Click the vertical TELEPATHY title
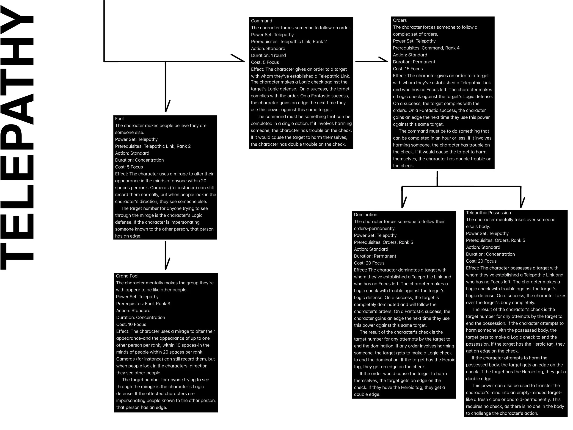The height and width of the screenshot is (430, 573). (17, 137)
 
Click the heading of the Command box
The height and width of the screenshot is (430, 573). (261, 21)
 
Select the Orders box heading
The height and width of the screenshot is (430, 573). (399, 20)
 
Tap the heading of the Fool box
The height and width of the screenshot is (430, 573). (119, 119)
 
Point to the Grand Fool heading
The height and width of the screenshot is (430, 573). (127, 276)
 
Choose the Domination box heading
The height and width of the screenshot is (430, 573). (365, 214)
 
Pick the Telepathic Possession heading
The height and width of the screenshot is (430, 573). (488, 213)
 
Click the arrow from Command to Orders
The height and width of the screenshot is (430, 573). (371, 61)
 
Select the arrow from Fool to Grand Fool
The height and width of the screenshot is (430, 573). (165, 255)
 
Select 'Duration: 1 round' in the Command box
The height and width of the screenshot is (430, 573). (268, 55)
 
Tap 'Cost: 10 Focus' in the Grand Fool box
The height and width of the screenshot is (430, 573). (131, 324)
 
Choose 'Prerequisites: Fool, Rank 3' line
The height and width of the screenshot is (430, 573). (143, 303)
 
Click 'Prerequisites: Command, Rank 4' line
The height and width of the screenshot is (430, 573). (426, 48)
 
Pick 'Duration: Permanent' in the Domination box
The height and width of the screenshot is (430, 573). (375, 256)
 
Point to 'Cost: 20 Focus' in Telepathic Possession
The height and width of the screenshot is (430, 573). (481, 261)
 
